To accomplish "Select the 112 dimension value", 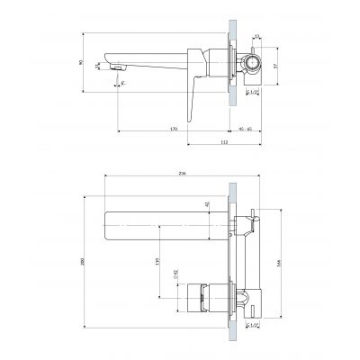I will pos(223,142).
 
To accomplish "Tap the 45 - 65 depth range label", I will pos(246,129).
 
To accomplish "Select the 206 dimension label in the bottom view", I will pos(183,175).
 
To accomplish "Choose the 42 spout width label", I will pos(207,206).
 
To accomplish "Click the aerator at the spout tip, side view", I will pos(115,67).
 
